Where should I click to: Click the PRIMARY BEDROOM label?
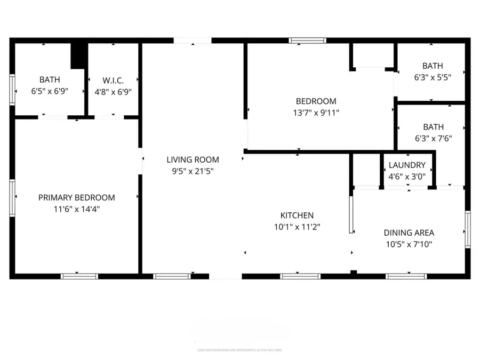76,197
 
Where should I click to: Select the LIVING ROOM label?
193,159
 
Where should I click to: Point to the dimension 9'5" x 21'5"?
193,171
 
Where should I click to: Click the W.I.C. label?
113,80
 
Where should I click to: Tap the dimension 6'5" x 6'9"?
50,91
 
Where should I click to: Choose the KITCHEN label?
297,215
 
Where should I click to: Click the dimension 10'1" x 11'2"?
297,227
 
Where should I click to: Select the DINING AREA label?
409,233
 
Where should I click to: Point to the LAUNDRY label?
407,165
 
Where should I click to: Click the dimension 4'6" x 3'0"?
407,177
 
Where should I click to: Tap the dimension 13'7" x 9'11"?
316,113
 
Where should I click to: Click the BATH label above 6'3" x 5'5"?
433,66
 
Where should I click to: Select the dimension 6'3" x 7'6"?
433,139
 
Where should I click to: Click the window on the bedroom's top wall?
307,40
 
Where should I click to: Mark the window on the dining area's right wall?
467,229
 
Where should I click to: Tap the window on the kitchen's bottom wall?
300,276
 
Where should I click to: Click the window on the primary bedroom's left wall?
12,197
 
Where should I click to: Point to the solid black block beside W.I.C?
79,55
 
